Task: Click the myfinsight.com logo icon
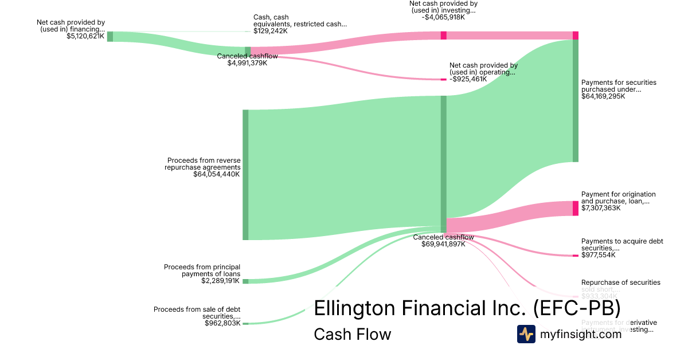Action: click(x=526, y=334)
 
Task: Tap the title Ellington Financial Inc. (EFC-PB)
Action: click(x=467, y=308)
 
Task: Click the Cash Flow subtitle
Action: click(x=352, y=334)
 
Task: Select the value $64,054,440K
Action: click(x=217, y=174)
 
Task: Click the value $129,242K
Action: click(x=270, y=31)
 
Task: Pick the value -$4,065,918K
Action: click(x=443, y=17)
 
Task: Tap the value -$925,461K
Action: click(x=468, y=79)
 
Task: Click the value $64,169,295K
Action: click(x=603, y=96)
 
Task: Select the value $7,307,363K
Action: click(x=601, y=208)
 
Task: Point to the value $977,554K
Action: click(x=598, y=255)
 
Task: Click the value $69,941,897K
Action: click(x=443, y=244)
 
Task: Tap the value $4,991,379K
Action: click(x=247, y=63)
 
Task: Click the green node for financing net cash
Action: click(x=110, y=37)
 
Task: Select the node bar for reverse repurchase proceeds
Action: click(x=245, y=175)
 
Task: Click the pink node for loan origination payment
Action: click(x=576, y=208)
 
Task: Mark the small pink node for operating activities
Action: click(x=443, y=79)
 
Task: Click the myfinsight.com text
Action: click(x=581, y=335)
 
